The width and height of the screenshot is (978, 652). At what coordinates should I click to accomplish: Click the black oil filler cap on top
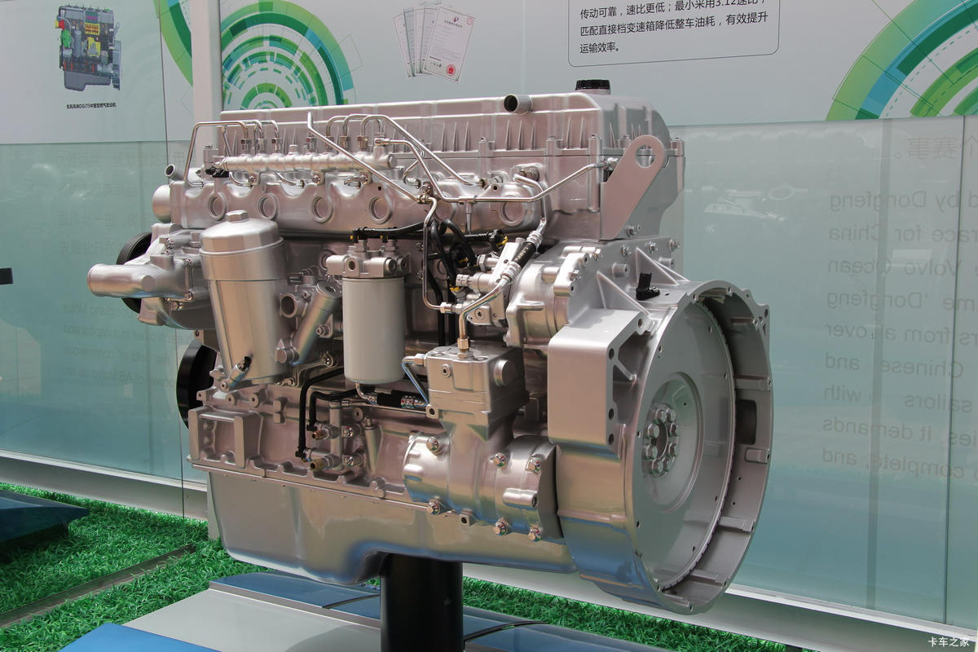tap(593, 86)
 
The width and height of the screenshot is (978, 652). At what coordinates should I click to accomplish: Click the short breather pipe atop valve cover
tap(517, 104)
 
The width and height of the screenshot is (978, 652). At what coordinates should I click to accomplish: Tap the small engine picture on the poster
tap(89, 46)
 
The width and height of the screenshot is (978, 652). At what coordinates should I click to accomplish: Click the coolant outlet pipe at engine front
tap(122, 280)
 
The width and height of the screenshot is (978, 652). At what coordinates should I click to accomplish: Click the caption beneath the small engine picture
tap(89, 106)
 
